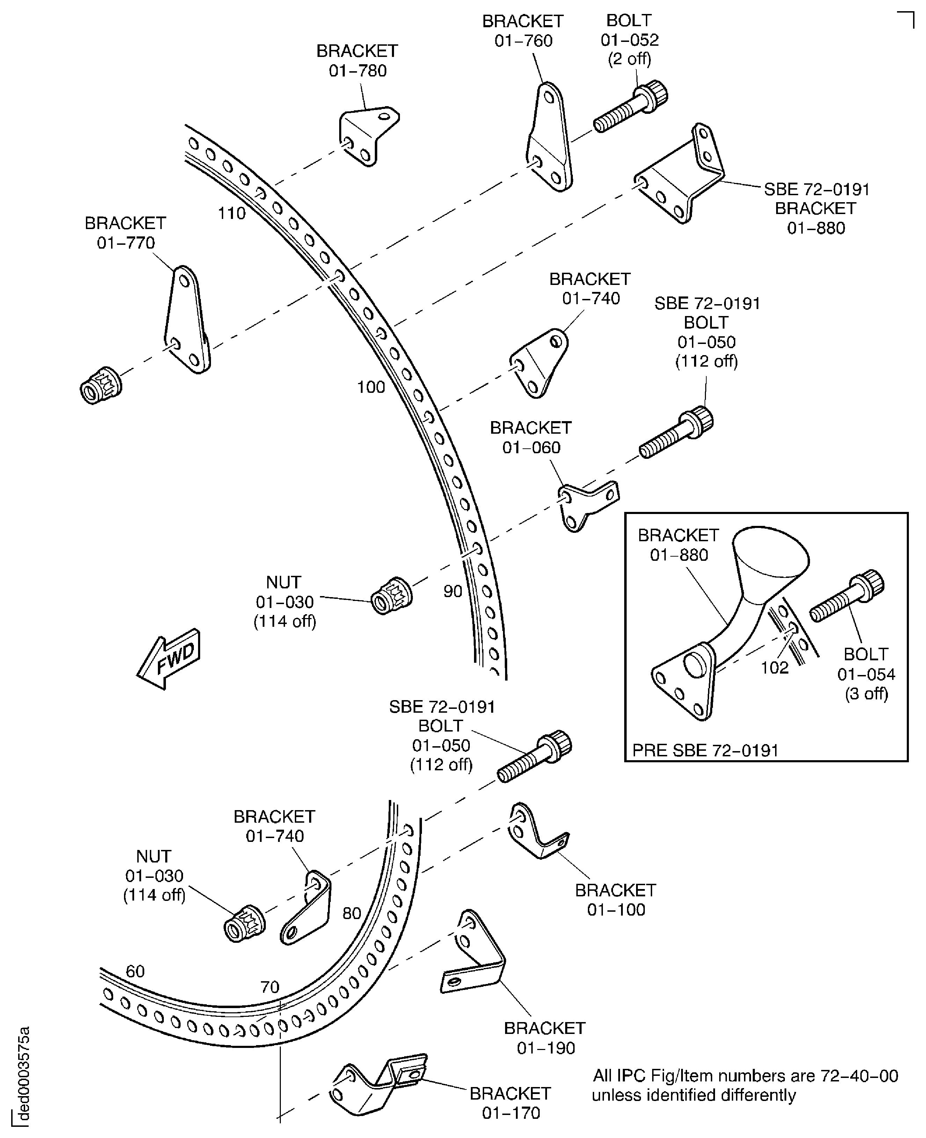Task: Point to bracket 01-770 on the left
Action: [x=186, y=320]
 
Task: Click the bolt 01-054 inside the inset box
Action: [x=847, y=596]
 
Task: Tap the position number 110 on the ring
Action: [x=232, y=213]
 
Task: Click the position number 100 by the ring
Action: [x=371, y=387]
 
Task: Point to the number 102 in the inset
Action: [x=774, y=668]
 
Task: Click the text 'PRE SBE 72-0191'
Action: [x=705, y=750]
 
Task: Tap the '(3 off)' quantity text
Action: [x=866, y=694]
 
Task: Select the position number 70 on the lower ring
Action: [x=270, y=987]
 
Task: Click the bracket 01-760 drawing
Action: [x=549, y=139]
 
